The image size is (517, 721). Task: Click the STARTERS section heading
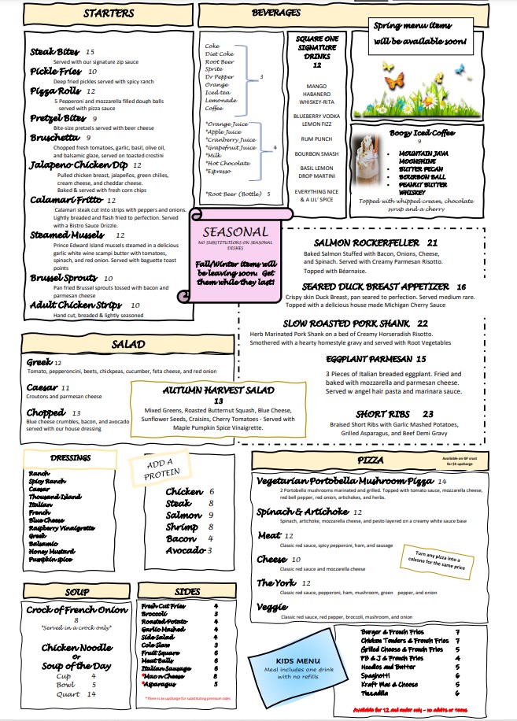click(x=109, y=14)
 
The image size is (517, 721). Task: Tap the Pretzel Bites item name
click(x=57, y=118)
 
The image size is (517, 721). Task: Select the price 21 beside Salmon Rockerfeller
click(x=433, y=242)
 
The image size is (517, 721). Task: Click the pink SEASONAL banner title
click(x=234, y=232)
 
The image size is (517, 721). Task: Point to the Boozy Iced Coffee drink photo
click(x=368, y=162)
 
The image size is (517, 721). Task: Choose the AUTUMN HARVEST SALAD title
click(x=218, y=390)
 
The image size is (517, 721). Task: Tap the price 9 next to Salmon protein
click(x=211, y=516)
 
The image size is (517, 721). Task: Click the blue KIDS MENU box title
click(x=298, y=660)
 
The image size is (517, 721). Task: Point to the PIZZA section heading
click(x=370, y=459)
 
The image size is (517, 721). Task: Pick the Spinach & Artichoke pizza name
click(x=303, y=512)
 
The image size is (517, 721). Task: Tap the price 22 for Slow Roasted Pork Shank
click(x=423, y=323)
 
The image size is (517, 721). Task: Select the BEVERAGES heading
click(x=276, y=13)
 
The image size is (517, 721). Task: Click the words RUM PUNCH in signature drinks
click(x=317, y=140)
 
